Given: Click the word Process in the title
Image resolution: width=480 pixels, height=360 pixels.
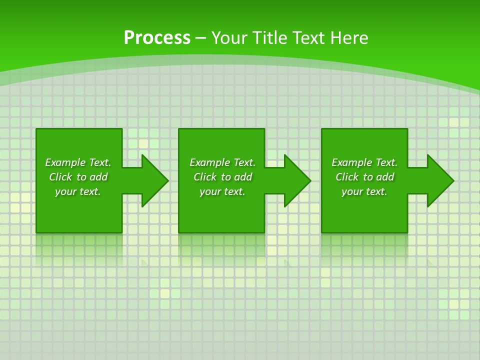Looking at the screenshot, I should click(x=157, y=38).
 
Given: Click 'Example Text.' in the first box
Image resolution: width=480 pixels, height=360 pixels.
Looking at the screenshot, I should click(x=78, y=162).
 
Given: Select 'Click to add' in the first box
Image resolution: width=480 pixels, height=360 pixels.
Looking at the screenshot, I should click(x=78, y=177).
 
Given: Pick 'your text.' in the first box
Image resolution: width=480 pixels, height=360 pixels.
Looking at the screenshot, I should click(x=78, y=191).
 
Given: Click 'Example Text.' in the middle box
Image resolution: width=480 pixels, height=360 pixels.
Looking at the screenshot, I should click(x=222, y=162).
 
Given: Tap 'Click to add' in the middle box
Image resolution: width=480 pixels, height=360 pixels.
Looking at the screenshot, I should click(x=222, y=177).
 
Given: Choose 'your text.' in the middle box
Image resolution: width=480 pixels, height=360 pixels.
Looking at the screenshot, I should click(x=222, y=191).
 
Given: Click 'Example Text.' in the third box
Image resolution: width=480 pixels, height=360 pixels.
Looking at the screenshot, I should click(x=364, y=162).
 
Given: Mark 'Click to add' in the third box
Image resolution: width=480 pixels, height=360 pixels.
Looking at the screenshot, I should click(x=364, y=177).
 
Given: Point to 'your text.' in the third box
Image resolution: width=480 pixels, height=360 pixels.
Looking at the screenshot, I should click(x=364, y=191).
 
